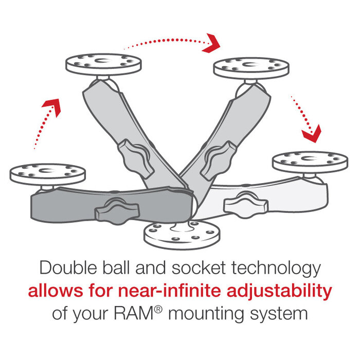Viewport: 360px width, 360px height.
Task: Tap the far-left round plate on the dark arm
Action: click(47, 172)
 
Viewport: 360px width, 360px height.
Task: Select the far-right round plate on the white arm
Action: click(310, 160)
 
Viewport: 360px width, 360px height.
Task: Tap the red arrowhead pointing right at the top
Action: click(211, 43)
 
